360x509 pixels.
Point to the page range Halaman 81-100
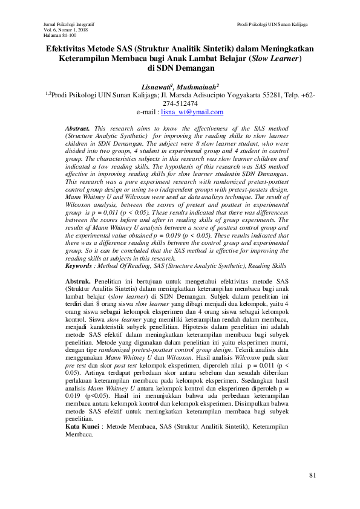[58, 35]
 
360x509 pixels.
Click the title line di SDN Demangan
[180, 69]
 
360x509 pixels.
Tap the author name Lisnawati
[157, 87]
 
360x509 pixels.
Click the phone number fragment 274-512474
[180, 103]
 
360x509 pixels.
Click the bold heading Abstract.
[77, 129]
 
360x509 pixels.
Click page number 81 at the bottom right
[312, 476]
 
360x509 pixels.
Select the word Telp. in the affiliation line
[290, 95]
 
